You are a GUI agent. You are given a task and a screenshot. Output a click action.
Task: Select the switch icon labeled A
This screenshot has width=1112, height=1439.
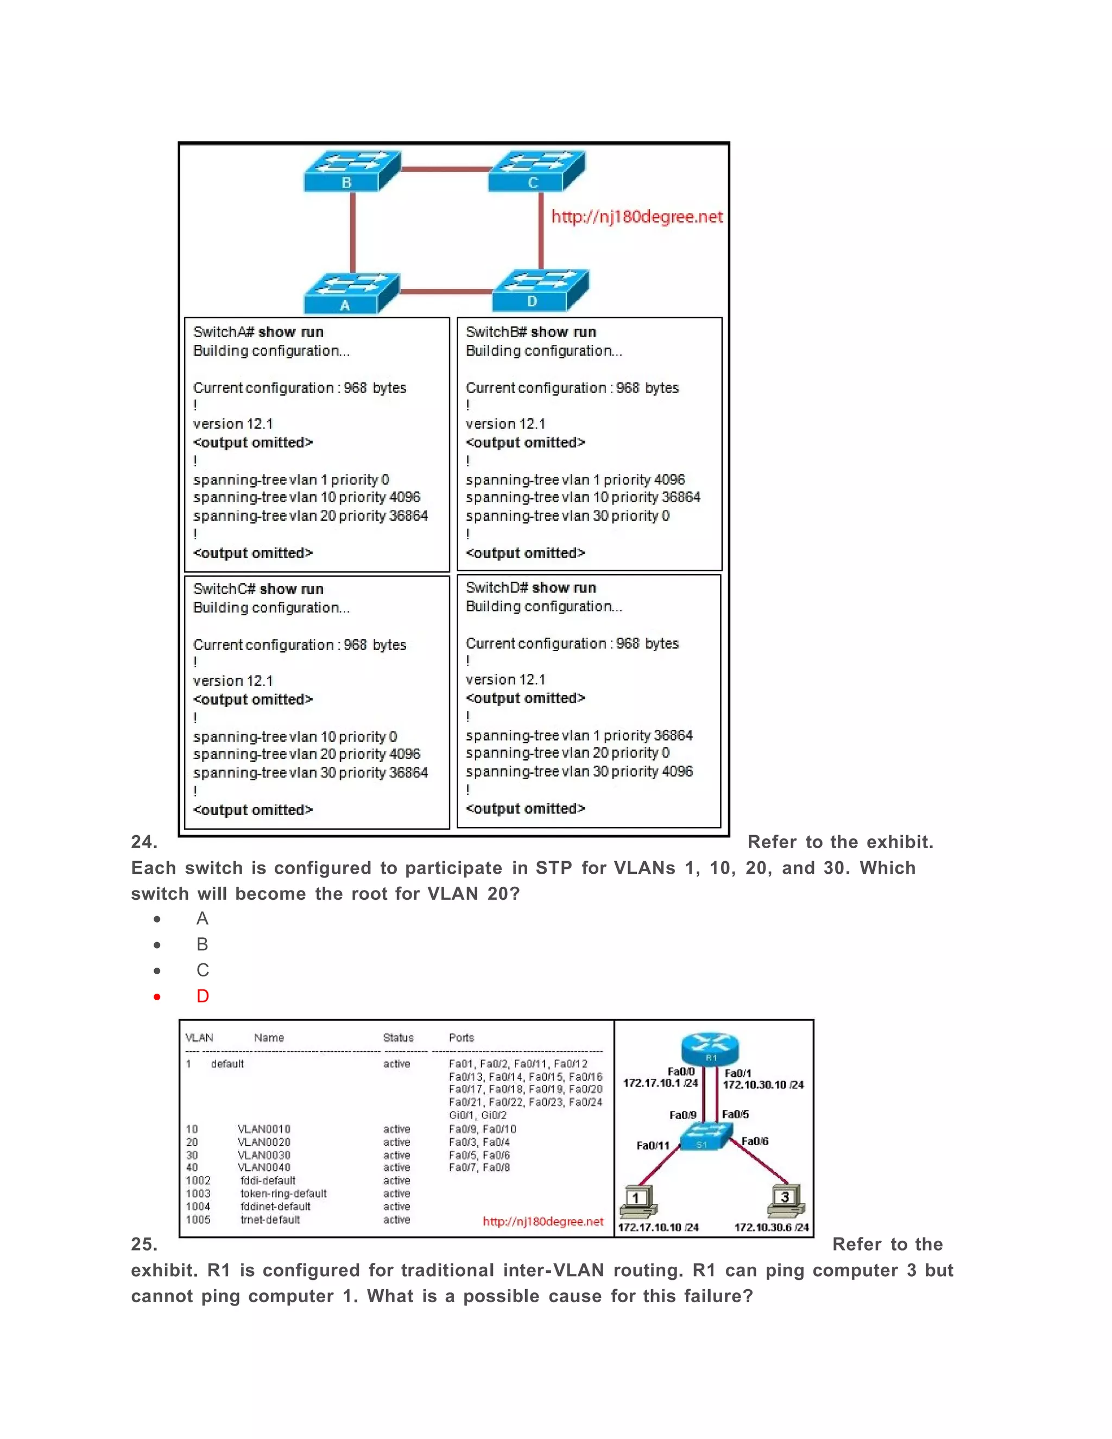351,293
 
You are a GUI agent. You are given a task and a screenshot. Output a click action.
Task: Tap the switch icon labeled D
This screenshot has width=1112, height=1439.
540,291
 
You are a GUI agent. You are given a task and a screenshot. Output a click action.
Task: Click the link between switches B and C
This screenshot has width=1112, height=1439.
445,169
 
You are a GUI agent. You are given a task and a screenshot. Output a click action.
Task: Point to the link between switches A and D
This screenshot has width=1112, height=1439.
446,291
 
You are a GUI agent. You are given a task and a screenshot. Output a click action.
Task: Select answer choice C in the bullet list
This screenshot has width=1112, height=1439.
202,970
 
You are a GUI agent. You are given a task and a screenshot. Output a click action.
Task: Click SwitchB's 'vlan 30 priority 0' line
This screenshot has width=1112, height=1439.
567,516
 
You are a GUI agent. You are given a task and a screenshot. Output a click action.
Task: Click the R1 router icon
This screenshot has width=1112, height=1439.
710,1047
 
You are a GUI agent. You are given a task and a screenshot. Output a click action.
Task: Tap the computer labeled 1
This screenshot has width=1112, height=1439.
637,1201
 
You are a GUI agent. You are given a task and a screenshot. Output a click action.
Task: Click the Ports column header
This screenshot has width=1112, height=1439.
461,1038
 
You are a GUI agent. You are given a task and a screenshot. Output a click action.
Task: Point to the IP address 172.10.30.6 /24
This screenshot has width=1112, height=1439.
771,1227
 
